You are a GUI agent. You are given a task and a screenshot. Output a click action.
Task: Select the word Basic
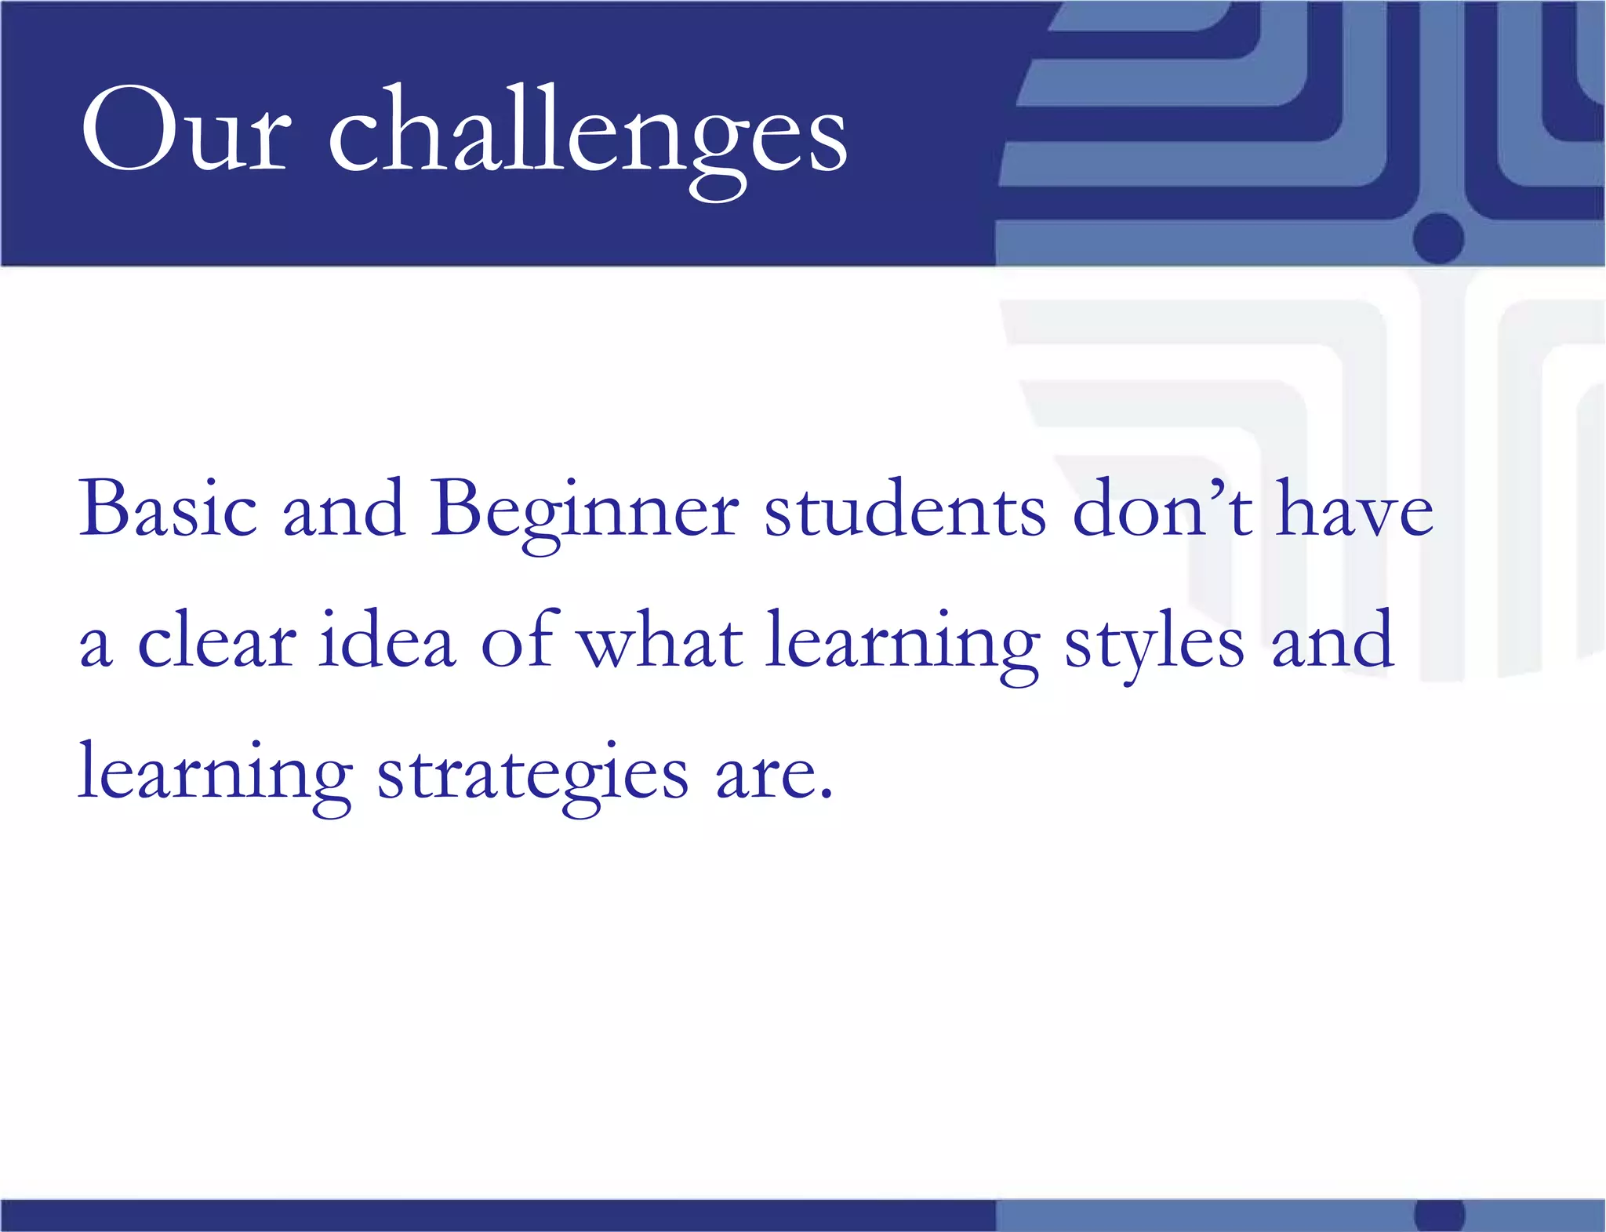(x=168, y=509)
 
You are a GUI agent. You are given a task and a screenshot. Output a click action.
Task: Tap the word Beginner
(x=584, y=514)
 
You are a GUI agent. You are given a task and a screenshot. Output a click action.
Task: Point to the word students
(x=905, y=510)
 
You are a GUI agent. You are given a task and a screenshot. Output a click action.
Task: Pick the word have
(x=1356, y=509)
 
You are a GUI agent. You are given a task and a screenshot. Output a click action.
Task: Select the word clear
(x=217, y=641)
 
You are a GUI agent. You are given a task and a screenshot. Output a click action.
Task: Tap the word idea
(x=387, y=641)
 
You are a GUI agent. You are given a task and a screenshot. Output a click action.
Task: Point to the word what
(x=660, y=641)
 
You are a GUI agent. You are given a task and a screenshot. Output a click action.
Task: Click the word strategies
(x=533, y=775)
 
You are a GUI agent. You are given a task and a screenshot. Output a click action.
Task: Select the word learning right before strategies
(x=215, y=775)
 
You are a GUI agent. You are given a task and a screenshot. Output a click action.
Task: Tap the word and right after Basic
(x=343, y=509)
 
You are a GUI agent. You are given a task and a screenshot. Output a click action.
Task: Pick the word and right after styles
(x=1332, y=641)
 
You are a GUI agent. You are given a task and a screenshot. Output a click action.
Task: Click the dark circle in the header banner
(x=1439, y=237)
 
